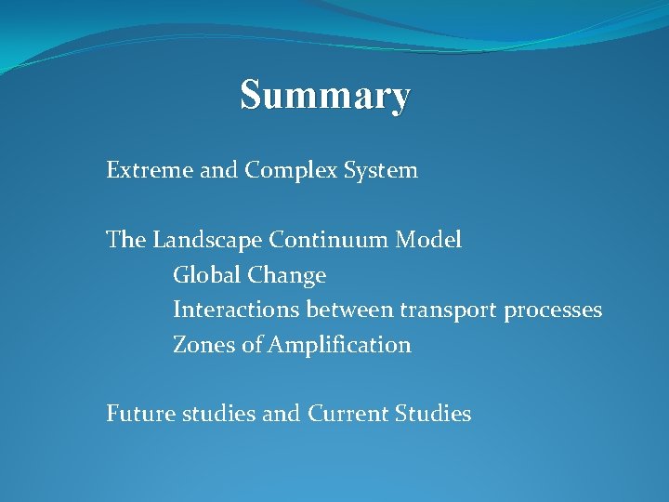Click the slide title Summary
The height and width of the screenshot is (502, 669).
324,96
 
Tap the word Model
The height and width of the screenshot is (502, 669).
427,240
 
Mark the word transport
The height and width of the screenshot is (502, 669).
448,310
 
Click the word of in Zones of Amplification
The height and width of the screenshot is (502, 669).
252,345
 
